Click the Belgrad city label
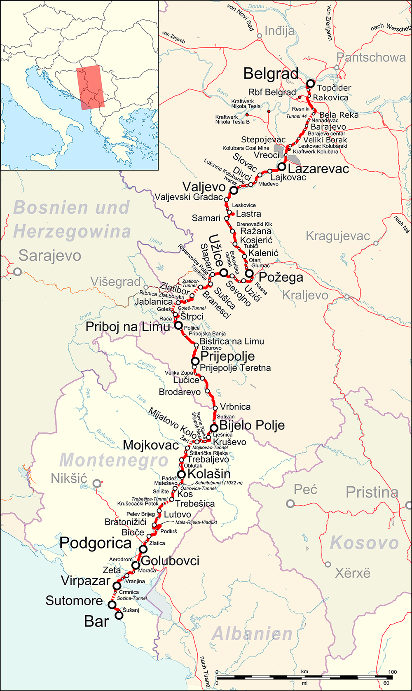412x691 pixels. coord(271,74)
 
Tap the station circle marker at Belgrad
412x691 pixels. coord(310,83)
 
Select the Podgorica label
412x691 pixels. coord(96,543)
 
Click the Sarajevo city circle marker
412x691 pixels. coord(17,272)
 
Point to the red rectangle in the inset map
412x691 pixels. coord(90,88)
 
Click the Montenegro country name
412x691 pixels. coord(114,460)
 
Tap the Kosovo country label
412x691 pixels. coord(364,543)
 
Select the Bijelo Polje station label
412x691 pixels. coord(252,425)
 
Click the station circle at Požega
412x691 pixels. coord(249,274)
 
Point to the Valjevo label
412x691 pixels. coord(204,187)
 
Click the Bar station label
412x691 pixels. coord(96,621)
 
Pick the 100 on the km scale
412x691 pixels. coord(392,672)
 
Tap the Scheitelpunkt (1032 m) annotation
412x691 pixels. coord(219,483)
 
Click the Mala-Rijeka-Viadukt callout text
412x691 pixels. coord(196,522)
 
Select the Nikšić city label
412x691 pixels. coord(69,479)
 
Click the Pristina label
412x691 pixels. coord(372,492)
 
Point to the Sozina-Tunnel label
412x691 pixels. coord(132,598)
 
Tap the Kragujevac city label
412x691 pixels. coord(338,236)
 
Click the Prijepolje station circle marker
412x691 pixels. coord(195,362)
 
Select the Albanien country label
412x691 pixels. coord(252,634)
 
